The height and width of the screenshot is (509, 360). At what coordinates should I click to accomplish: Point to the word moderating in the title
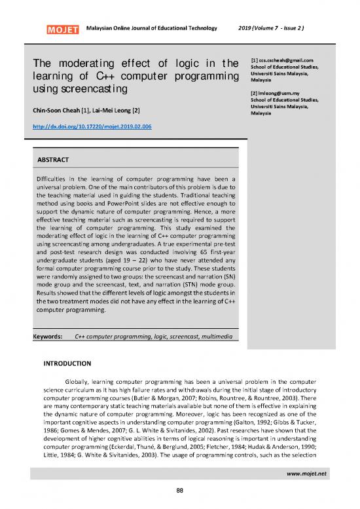87,63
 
